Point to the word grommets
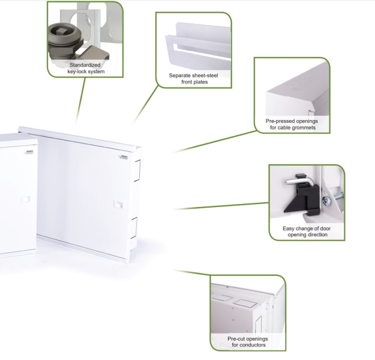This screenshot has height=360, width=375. coord(307,128)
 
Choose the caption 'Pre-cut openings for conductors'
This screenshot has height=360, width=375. coord(248,342)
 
